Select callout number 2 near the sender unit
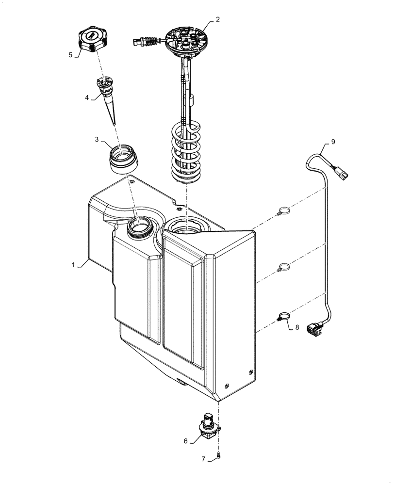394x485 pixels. tap(217, 19)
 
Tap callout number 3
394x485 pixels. tap(97, 140)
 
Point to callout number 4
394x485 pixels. tap(87, 97)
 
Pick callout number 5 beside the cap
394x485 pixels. tap(71, 55)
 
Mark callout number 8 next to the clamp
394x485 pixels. tap(297, 327)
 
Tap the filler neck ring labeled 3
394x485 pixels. tap(124, 159)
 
